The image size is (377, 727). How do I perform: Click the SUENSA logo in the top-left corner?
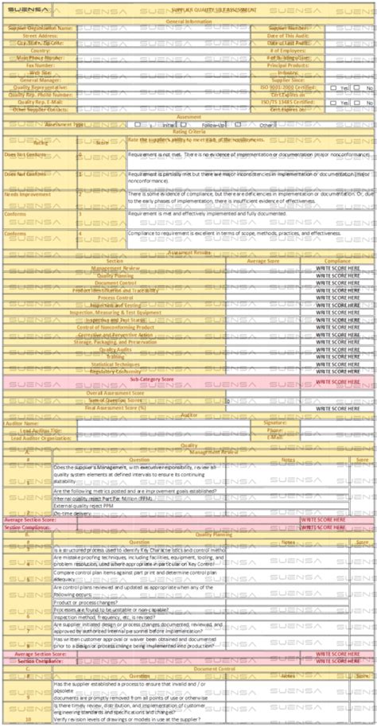(x=27, y=10)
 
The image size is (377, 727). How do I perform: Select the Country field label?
(x=41, y=49)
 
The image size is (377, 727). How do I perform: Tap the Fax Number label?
(x=41, y=64)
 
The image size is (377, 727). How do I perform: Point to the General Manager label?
(x=41, y=80)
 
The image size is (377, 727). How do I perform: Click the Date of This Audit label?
(x=286, y=35)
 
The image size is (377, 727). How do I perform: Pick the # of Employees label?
(x=286, y=49)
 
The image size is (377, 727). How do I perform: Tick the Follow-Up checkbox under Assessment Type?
(x=194, y=125)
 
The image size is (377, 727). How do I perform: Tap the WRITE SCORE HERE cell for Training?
(x=338, y=356)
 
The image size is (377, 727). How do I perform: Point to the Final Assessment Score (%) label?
(x=114, y=407)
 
